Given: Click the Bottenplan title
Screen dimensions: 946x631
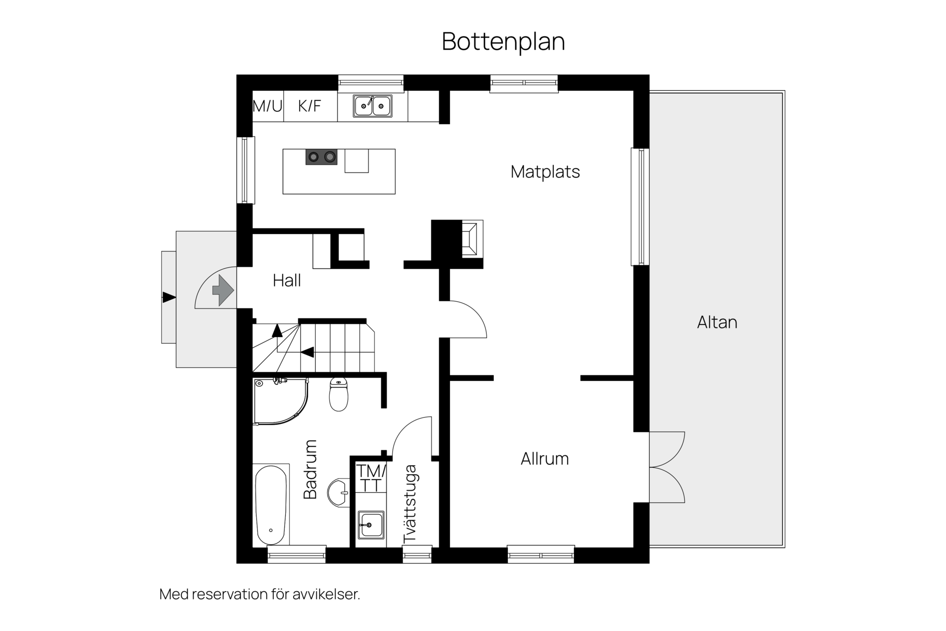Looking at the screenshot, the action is pyautogui.click(x=503, y=41).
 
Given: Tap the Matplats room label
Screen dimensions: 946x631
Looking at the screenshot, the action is pyautogui.click(x=545, y=172).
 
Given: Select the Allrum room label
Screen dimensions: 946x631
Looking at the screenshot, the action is pyautogui.click(x=544, y=458).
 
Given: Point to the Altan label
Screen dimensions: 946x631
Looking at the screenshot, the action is pyautogui.click(x=717, y=322).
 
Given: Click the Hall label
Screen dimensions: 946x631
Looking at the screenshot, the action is pyautogui.click(x=287, y=280).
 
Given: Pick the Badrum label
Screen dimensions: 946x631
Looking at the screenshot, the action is pyautogui.click(x=310, y=469).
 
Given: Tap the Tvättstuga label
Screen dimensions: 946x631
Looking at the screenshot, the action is pyautogui.click(x=410, y=504).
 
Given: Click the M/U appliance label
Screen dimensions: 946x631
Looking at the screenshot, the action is pyautogui.click(x=268, y=106).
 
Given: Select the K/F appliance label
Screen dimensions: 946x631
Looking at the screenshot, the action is pyautogui.click(x=309, y=106).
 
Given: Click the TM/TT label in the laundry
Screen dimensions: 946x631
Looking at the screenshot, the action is pyautogui.click(x=371, y=478).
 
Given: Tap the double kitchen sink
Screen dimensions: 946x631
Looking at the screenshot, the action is pyautogui.click(x=372, y=106).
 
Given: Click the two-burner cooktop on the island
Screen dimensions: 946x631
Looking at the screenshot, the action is pyautogui.click(x=321, y=157).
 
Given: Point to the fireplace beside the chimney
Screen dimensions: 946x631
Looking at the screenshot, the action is pyautogui.click(x=472, y=239).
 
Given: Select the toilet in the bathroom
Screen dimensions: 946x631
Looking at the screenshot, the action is pyautogui.click(x=338, y=394).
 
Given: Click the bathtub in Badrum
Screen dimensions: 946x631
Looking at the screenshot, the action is pyautogui.click(x=270, y=505).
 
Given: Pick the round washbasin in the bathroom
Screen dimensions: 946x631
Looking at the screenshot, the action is pyautogui.click(x=338, y=492).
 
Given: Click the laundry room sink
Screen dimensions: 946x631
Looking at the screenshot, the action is pyautogui.click(x=371, y=525).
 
